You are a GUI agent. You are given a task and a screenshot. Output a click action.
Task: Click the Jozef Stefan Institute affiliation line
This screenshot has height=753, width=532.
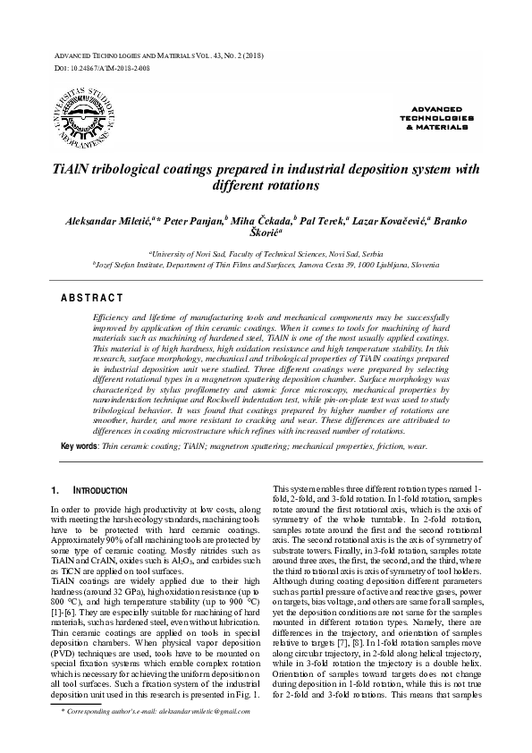[266, 266]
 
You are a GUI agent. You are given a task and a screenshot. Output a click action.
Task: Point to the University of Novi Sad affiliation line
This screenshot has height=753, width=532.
[266, 254]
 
